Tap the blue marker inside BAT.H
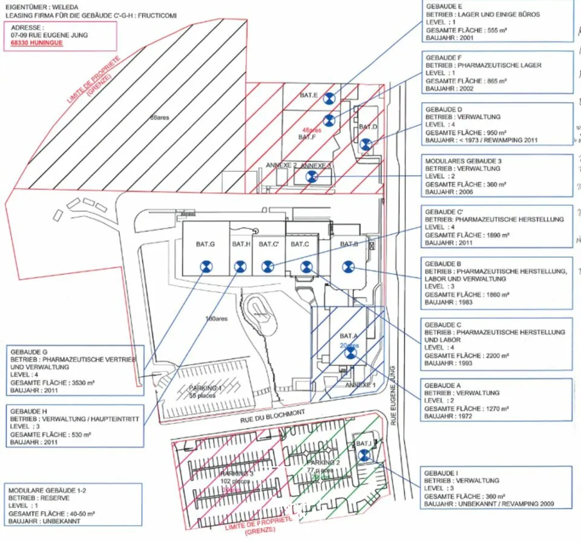(x=240, y=265)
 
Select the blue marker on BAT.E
(x=328, y=99)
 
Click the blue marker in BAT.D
(x=365, y=144)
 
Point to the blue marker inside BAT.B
(x=347, y=265)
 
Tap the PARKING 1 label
(x=204, y=387)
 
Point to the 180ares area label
(x=216, y=319)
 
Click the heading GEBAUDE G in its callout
(x=28, y=351)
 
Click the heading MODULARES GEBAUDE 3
(x=463, y=160)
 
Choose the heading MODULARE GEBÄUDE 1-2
(x=48, y=489)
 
